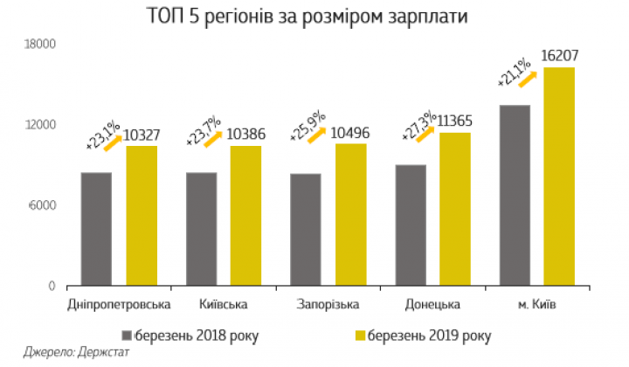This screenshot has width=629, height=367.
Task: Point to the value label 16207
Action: (559, 56)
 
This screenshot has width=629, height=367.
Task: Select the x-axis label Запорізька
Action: (328, 304)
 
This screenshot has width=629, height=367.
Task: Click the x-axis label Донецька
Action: (432, 304)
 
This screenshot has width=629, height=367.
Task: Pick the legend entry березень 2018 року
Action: (197, 335)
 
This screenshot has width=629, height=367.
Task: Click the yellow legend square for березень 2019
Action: (359, 335)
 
